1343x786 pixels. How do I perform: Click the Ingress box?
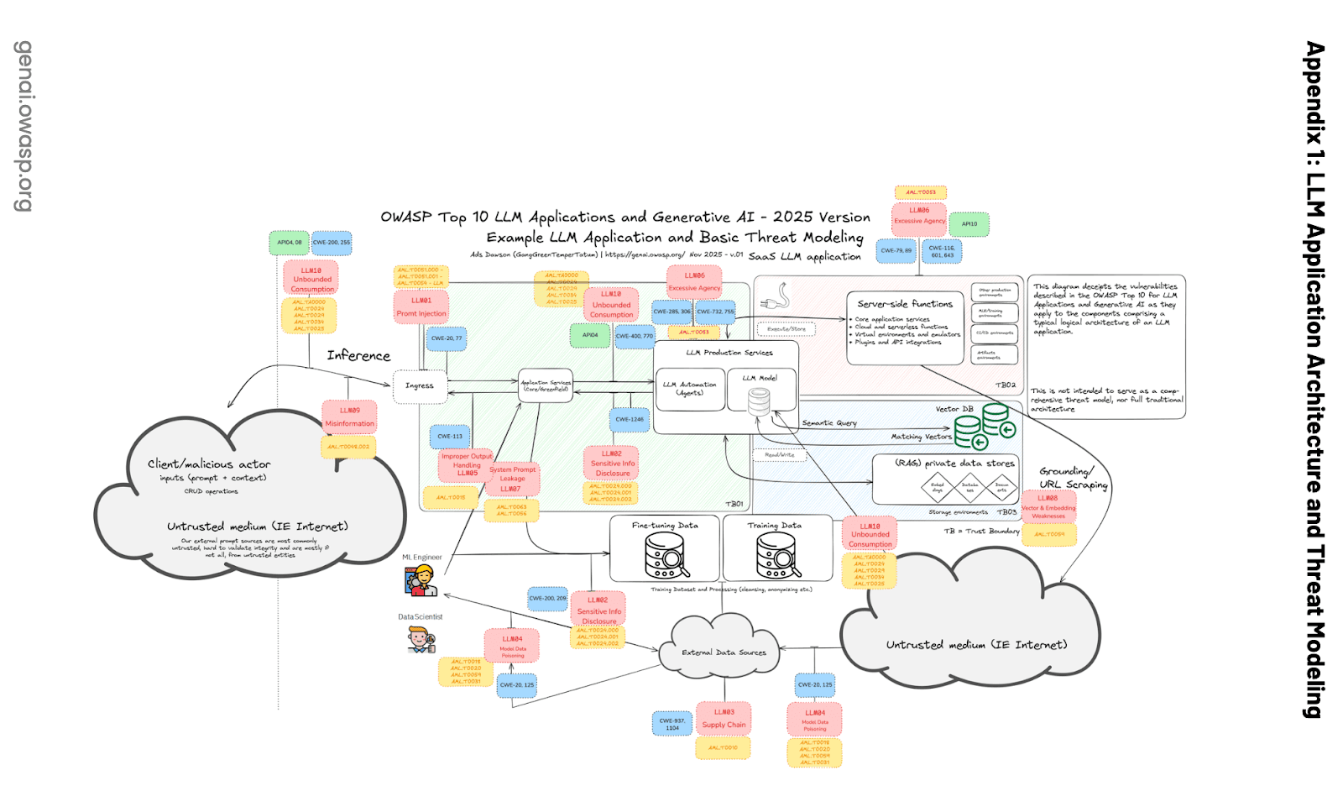pos(420,386)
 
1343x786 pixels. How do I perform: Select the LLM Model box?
pos(760,390)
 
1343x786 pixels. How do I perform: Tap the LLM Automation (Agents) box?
pos(690,389)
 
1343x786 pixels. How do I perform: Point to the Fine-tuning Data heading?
pos(665,526)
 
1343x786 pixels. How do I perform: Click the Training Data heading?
pos(774,526)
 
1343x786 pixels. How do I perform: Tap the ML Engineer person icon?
pos(421,580)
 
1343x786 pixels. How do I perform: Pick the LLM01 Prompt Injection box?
pos(421,307)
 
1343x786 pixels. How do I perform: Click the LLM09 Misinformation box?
pos(350,417)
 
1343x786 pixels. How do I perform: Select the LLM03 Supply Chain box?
pos(724,719)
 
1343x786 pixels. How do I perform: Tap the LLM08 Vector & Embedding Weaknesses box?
pos(1048,507)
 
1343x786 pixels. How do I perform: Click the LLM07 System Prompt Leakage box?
pos(512,479)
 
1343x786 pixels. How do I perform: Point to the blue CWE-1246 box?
pos(630,419)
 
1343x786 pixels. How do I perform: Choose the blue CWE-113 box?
pos(450,437)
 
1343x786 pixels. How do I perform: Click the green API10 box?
pos(969,224)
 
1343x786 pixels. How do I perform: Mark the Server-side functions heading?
pos(905,304)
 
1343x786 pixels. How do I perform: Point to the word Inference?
pos(358,356)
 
